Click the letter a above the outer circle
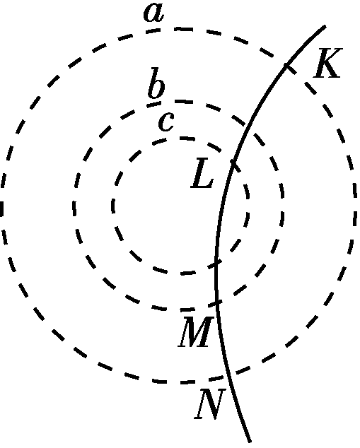pyautogui.click(x=154, y=13)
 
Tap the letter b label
pyautogui.click(x=156, y=83)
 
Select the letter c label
pyautogui.click(x=166, y=122)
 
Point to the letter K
pyautogui.click(x=327, y=63)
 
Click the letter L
pyautogui.click(x=202, y=173)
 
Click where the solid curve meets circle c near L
pyautogui.click(x=233, y=163)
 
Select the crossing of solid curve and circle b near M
pyautogui.click(x=217, y=302)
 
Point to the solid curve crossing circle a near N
pyautogui.click(x=226, y=377)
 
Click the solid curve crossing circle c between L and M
pyautogui.click(x=216, y=263)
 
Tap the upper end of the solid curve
pyautogui.click(x=325, y=26)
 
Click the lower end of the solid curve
pyautogui.click(x=250, y=442)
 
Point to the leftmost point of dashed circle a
pyautogui.click(x=1, y=206)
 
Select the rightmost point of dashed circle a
pyautogui.click(x=356, y=206)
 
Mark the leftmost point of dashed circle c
pyautogui.click(x=112, y=206)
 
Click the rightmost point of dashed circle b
pyautogui.click(x=283, y=206)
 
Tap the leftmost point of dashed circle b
pyautogui.click(x=74, y=206)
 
